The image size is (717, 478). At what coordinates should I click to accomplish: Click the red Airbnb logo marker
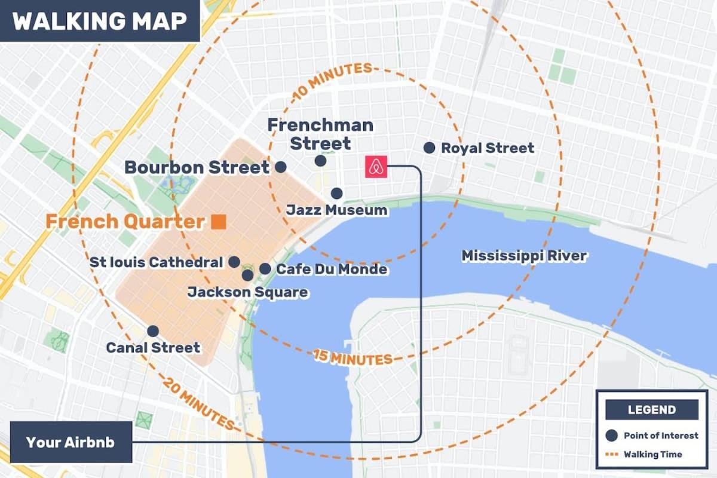point(376,167)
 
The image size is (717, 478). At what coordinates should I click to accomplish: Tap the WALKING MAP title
point(99,21)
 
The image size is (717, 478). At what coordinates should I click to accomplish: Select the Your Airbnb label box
point(70,443)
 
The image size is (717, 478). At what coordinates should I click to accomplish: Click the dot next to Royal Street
point(429,148)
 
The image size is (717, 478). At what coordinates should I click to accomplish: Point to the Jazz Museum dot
point(337,193)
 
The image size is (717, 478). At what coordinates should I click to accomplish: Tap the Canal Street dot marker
point(153,330)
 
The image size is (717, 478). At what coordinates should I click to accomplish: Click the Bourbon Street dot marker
point(280,167)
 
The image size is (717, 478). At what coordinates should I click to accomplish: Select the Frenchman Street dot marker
point(320,161)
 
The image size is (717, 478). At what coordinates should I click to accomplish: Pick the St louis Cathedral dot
point(234,262)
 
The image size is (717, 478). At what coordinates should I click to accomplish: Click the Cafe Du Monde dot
point(265,269)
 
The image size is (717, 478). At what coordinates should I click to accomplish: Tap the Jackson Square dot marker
point(247,275)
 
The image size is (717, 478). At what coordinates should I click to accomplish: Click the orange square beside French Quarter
point(219,222)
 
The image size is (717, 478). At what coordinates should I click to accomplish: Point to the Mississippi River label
point(524,256)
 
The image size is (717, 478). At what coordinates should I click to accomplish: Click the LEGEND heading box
point(652,410)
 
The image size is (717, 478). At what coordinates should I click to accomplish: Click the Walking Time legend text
point(652,455)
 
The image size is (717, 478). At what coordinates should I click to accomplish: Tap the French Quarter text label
point(125,222)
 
